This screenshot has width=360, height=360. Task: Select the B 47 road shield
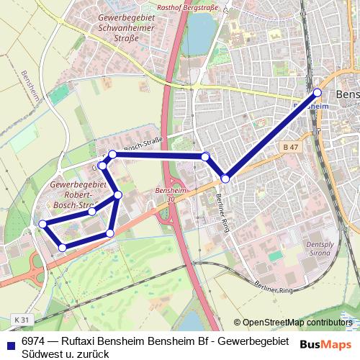click(x=289, y=147)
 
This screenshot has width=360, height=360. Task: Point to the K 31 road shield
click(x=21, y=319)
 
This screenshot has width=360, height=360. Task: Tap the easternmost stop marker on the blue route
click(x=318, y=92)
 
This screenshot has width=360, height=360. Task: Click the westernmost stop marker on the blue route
click(x=43, y=224)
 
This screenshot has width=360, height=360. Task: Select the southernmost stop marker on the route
click(x=63, y=248)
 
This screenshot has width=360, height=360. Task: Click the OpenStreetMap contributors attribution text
click(x=298, y=322)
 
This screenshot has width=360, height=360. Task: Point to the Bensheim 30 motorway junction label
click(x=166, y=194)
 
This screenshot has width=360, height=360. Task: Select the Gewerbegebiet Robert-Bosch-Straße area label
click(x=78, y=195)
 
